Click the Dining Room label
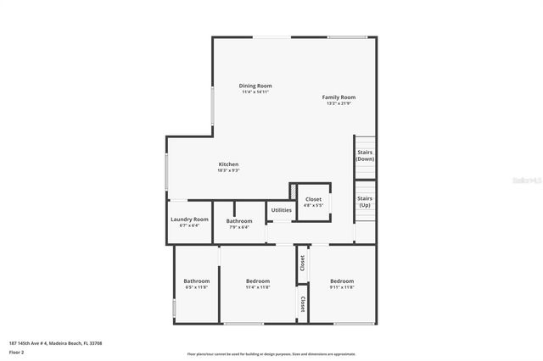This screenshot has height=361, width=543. coord(255,86)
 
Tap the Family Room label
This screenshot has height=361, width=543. coord(339,97)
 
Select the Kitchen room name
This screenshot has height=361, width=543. coord(228,164)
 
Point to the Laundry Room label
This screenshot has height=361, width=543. coord(189,219)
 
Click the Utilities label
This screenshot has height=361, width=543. coord(281,209)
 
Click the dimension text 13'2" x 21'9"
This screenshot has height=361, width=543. coord(339,103)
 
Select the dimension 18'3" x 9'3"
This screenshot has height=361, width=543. coord(228,170)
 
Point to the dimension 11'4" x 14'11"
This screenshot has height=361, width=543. coord(255,92)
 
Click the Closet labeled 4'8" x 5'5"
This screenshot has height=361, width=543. coord(314,199)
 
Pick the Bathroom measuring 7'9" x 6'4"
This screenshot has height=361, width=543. coord(238,221)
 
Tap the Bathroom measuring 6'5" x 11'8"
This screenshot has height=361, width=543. coord(197,281)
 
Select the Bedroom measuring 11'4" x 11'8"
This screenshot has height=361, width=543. coord(258,281)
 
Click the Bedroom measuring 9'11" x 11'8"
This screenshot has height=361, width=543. coord(342,281)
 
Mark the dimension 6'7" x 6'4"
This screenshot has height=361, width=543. coord(189,225)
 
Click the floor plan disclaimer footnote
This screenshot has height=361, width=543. coord(271,354)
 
